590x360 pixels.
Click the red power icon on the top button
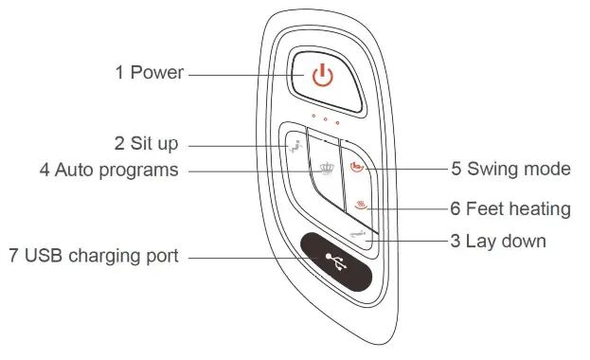323,76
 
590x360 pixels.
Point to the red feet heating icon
362,207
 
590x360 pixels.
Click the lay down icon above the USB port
356,232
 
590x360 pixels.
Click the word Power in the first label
157,73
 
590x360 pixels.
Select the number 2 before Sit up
119,144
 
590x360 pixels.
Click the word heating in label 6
541,207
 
